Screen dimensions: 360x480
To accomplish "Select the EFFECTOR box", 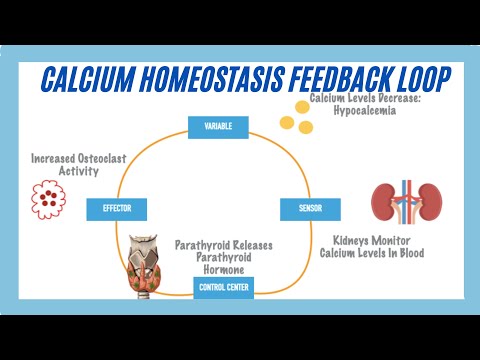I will [x=117, y=209].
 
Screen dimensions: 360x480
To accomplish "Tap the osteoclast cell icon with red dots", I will [x=47, y=198].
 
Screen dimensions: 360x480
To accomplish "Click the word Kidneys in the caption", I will [x=353, y=241].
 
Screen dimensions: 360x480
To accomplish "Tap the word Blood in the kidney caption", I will [x=407, y=254].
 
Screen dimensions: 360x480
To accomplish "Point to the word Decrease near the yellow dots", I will [x=399, y=99].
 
